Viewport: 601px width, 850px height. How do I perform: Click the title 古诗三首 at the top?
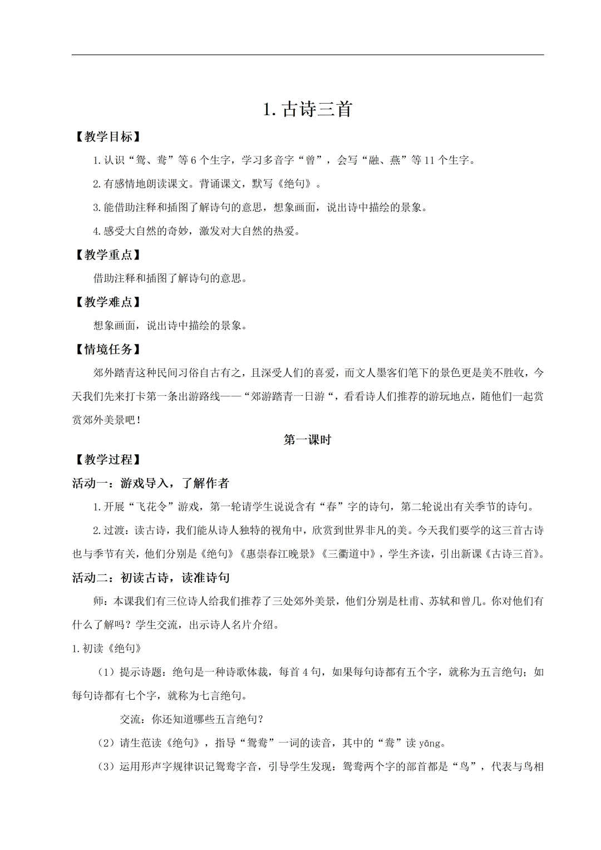click(x=308, y=109)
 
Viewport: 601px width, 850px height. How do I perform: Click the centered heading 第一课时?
click(x=307, y=440)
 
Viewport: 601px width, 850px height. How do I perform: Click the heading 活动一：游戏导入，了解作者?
click(x=151, y=483)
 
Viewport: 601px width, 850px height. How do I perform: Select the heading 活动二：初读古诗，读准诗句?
click(x=151, y=578)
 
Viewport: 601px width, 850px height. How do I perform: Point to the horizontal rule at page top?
click(x=308, y=55)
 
